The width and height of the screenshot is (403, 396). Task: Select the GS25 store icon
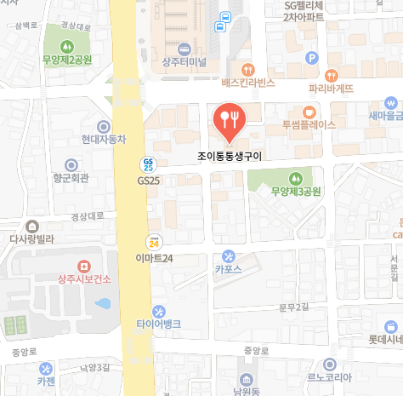pyautogui.click(x=148, y=164)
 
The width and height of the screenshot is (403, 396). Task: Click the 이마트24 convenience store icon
pyautogui.click(x=154, y=242)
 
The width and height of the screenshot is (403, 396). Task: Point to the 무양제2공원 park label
pyautogui.click(x=67, y=60)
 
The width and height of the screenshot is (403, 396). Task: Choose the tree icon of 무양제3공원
pyautogui.click(x=295, y=178)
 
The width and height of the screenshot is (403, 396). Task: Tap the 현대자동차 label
pyautogui.click(x=104, y=139)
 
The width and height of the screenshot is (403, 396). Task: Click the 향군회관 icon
pyautogui.click(x=71, y=164)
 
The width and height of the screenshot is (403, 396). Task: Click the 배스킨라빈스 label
pyautogui.click(x=248, y=83)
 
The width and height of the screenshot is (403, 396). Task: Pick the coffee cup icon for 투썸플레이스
pyautogui.click(x=309, y=111)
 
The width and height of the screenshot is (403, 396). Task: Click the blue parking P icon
pyautogui.click(x=311, y=59)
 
